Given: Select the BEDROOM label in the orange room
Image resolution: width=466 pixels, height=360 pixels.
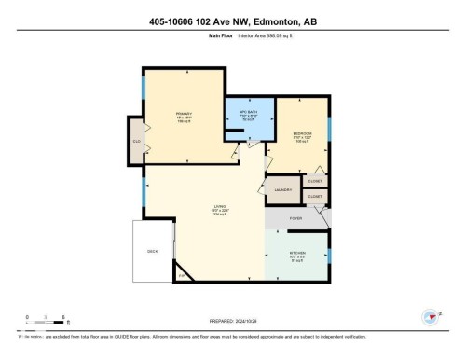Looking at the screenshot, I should (x=302, y=134).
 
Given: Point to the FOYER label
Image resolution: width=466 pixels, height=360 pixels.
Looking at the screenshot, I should (x=295, y=219).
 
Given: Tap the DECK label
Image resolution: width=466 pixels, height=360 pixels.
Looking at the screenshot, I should (x=153, y=251).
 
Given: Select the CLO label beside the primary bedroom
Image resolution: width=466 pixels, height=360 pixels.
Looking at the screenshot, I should (x=136, y=141).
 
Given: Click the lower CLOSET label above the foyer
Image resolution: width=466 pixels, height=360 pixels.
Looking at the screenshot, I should (x=314, y=197).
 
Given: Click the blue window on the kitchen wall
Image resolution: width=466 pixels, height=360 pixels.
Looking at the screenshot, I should (x=329, y=253).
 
